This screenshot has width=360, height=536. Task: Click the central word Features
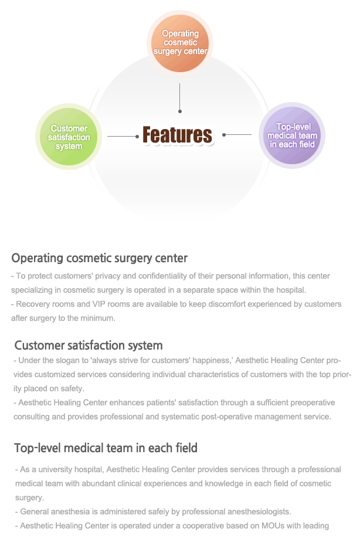(x=177, y=135)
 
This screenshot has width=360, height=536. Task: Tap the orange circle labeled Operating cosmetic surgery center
(x=180, y=43)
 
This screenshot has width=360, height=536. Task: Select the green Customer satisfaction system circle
(x=69, y=137)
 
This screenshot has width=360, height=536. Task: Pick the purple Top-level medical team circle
(x=292, y=135)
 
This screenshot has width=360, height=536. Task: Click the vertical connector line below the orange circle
(x=180, y=98)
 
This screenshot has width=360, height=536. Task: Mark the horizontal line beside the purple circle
(x=237, y=135)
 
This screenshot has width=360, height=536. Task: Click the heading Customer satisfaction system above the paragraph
(x=89, y=345)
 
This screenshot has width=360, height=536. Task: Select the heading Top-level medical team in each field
(x=106, y=448)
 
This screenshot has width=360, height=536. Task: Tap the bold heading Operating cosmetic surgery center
(x=100, y=258)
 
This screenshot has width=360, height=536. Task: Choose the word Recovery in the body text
(x=31, y=304)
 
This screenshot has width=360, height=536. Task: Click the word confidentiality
(x=163, y=276)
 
